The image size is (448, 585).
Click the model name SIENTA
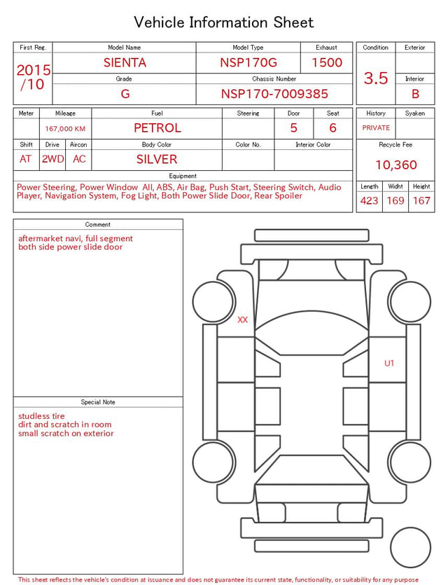pyautogui.click(x=125, y=62)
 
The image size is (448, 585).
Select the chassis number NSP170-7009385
pyautogui.click(x=274, y=94)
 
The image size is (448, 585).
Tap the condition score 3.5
pyautogui.click(x=376, y=78)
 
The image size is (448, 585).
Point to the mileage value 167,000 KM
pyautogui.click(x=65, y=129)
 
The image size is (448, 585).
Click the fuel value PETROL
pyautogui.click(x=157, y=128)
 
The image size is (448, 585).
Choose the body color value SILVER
pyautogui.click(x=157, y=159)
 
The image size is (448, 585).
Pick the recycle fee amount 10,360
pyautogui.click(x=395, y=165)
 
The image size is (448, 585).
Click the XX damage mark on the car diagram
pyautogui.click(x=243, y=319)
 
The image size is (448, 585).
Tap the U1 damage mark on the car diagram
pyautogui.click(x=389, y=363)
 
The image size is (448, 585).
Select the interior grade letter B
pyautogui.click(x=415, y=94)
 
